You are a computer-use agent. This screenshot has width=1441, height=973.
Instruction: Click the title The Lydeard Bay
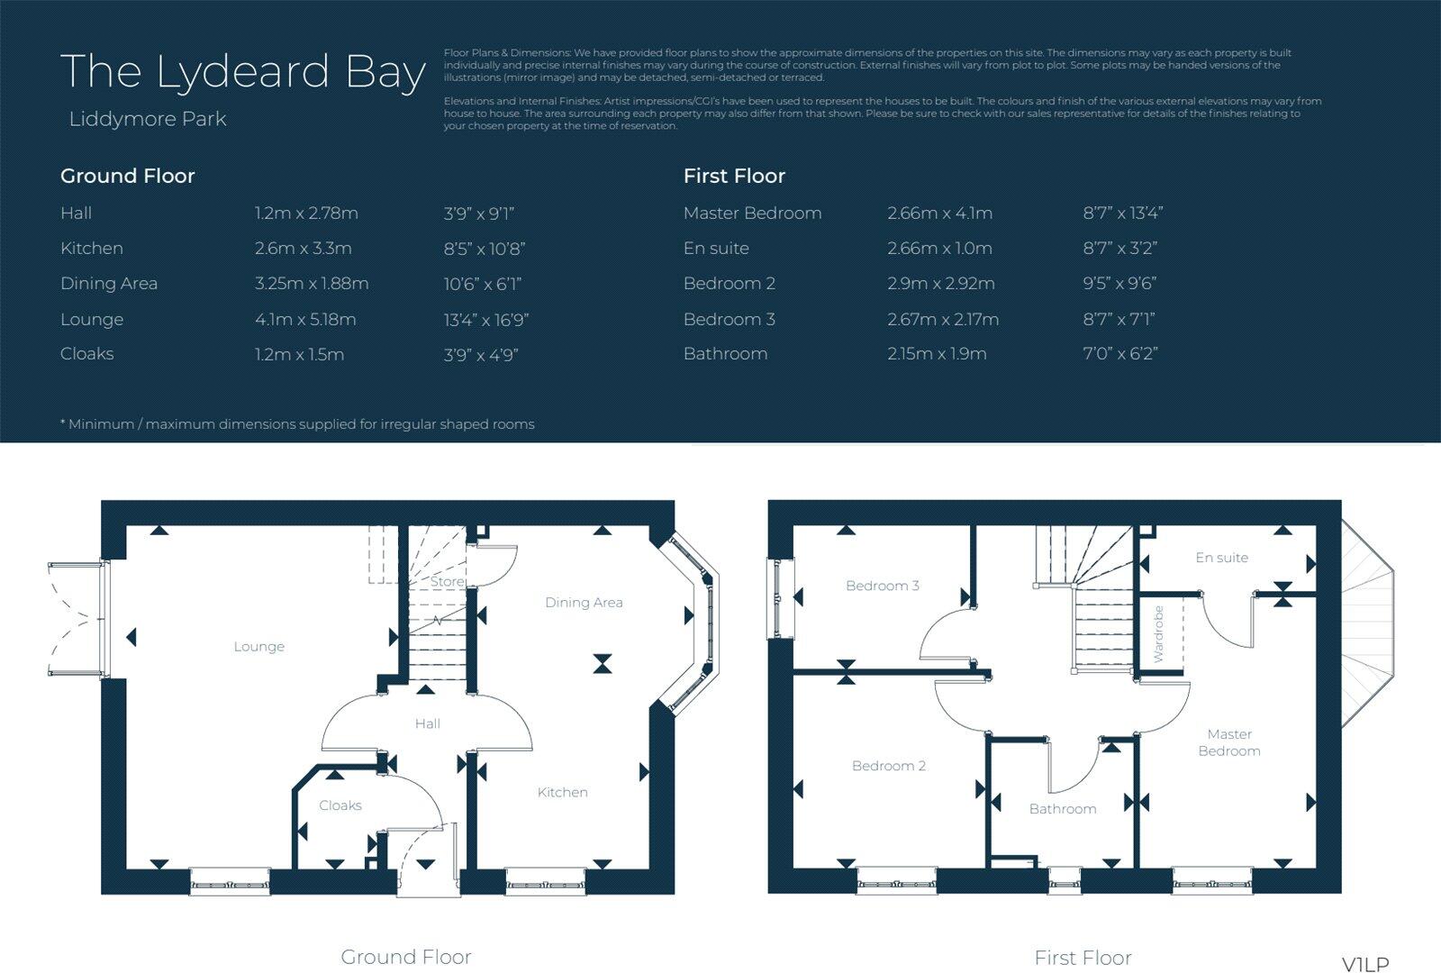[x=242, y=72]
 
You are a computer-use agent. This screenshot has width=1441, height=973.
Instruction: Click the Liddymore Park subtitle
[x=148, y=119]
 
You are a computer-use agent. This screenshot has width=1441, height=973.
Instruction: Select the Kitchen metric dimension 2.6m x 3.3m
[x=303, y=249]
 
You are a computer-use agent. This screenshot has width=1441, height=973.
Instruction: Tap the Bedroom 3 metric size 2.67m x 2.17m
[x=942, y=320]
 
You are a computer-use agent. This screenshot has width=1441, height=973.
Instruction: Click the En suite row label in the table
[x=716, y=249]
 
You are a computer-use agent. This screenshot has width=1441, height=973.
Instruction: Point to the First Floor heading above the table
[x=734, y=177]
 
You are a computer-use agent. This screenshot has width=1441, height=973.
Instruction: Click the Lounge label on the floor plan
[x=258, y=647]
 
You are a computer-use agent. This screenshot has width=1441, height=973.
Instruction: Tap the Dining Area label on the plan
[x=584, y=603]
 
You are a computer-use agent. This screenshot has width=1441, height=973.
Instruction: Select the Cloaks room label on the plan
[x=340, y=805]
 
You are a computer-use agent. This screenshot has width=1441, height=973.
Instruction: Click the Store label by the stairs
[x=447, y=582]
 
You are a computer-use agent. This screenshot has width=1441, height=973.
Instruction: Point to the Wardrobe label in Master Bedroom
[x=1158, y=634]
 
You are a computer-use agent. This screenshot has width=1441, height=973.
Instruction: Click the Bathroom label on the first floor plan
[x=1063, y=809]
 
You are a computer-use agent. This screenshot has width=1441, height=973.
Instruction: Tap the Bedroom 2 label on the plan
[x=888, y=766]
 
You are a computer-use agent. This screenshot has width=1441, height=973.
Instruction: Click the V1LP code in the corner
[x=1365, y=964]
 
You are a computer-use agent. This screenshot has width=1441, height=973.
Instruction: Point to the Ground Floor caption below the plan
[x=405, y=957]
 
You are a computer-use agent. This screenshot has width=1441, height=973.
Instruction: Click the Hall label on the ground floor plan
[x=427, y=723]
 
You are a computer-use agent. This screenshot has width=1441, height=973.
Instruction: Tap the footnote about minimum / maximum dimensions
[x=297, y=424]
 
